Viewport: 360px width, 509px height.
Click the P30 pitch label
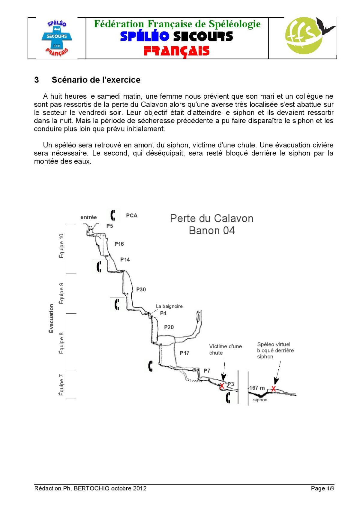[x=141, y=289]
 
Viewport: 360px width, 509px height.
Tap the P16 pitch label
[x=119, y=244]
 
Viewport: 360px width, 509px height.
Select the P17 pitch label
[x=184, y=353]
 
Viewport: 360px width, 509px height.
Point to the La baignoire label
[x=169, y=306]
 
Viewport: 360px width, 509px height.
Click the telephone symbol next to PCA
[x=113, y=215]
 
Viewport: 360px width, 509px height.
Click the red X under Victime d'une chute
[x=222, y=386]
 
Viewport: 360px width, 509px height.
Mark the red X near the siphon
[x=274, y=389]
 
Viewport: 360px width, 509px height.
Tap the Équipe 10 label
[x=61, y=246]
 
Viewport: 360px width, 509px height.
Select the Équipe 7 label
[x=61, y=385]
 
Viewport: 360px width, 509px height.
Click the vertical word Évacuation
[x=51, y=319]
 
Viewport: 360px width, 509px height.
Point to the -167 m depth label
[x=257, y=388]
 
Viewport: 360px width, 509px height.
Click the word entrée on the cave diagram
[x=88, y=217]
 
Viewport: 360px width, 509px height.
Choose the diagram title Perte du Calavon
[x=211, y=218]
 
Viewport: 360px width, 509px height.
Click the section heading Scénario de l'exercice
[x=96, y=80]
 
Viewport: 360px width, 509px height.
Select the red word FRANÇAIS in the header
[x=176, y=51]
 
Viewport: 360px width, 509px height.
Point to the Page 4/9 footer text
[x=322, y=488]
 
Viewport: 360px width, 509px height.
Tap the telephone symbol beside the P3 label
[x=228, y=398]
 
